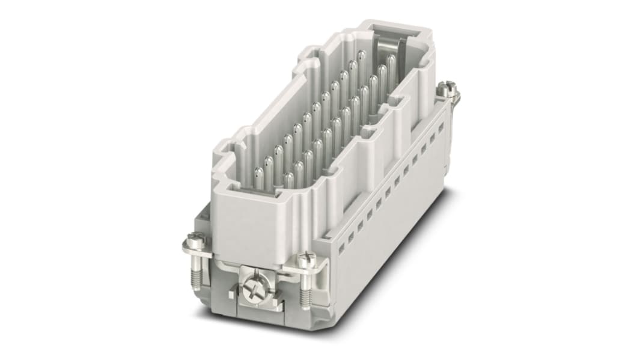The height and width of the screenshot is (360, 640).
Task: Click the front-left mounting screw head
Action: (195, 239)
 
